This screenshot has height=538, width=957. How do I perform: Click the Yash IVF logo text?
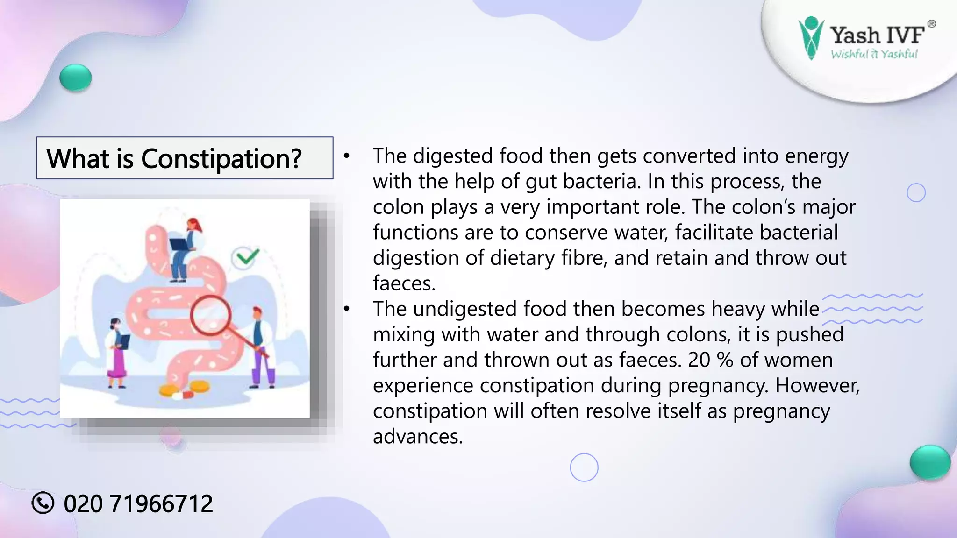coord(877,35)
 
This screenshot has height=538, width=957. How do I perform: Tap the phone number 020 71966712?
coord(138,503)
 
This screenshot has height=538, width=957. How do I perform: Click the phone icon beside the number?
coord(43,503)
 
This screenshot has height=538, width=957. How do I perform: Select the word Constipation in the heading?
coord(221,158)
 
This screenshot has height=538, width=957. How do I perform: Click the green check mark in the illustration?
coord(246,257)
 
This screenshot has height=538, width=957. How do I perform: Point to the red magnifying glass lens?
coord(211,315)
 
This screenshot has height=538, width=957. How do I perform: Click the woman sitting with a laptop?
coord(186,248)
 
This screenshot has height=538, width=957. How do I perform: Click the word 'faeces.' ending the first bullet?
coord(404,283)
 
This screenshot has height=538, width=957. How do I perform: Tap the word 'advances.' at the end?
coord(417,437)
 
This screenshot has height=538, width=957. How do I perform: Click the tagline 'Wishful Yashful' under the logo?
coord(874,54)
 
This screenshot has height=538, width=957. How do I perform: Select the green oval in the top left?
coord(76,78)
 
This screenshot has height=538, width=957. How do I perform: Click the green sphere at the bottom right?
coord(930,462)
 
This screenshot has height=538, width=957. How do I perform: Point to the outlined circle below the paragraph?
coord(584,467)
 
